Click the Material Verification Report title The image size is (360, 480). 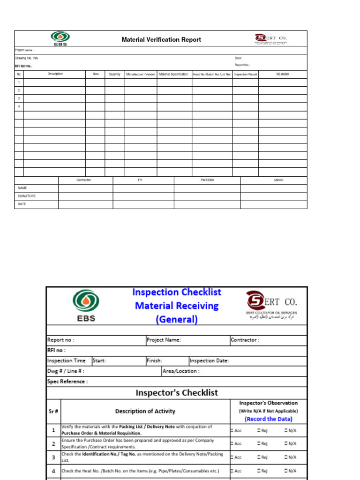tap(161, 40)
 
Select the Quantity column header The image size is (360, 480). tap(114, 74)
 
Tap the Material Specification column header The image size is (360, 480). tap(173, 74)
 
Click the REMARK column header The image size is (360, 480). tap(283, 74)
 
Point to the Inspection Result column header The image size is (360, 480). tap(246, 74)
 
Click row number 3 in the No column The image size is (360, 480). tap(19, 98)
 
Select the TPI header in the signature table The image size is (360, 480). tap(140, 180)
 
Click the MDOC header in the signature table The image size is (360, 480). tap(278, 180)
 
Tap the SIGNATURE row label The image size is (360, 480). tap(27, 196)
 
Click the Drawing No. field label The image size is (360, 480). tap(26, 58)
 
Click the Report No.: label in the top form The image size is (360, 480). tap(242, 65)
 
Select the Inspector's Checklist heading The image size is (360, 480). tap(177, 393)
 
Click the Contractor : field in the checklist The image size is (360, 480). tap(245, 340)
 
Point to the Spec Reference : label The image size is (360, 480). tap(67, 382)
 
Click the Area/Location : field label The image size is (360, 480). tap(181, 371)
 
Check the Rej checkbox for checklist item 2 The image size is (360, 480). tap(259, 443)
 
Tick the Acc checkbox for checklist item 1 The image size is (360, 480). tap(232, 430)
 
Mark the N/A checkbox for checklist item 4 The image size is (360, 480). tap(285, 471)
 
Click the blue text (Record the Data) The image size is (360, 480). tap(268, 419)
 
